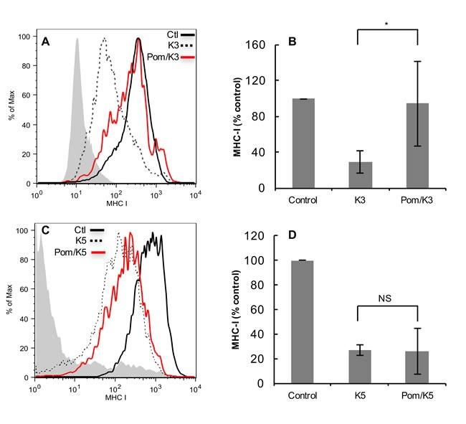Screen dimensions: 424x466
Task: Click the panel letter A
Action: click(44, 41)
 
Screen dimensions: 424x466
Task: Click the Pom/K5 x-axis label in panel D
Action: click(417, 395)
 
